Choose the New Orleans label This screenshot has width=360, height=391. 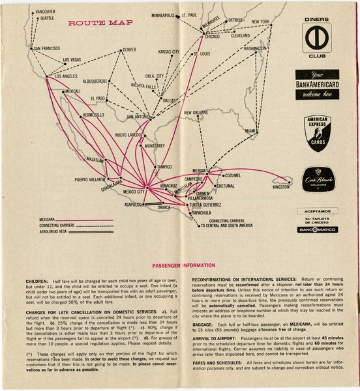coord(196,112)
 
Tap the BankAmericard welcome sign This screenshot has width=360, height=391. coord(316,83)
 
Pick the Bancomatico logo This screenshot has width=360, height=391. coord(316,229)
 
